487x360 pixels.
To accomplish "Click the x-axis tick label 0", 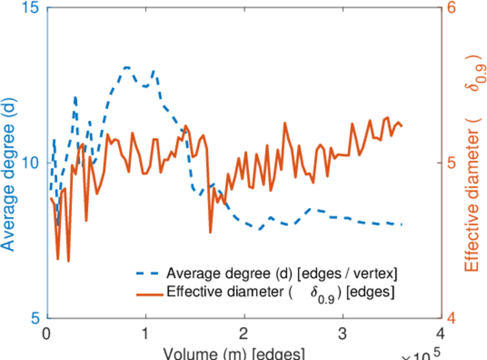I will tap(47, 334).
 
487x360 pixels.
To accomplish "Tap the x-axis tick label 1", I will tap(145, 334).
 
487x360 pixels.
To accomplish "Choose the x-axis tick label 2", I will tap(244, 334).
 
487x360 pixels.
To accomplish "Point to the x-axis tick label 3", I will tap(342, 334).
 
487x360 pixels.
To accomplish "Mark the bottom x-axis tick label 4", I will tap(441, 334).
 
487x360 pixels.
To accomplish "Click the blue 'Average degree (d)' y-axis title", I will tap(8, 163).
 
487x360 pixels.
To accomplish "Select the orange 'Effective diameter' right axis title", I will tap(475, 162).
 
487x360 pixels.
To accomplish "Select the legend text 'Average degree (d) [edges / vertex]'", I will tap(282, 274).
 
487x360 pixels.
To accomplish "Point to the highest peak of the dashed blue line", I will tap(127, 67).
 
